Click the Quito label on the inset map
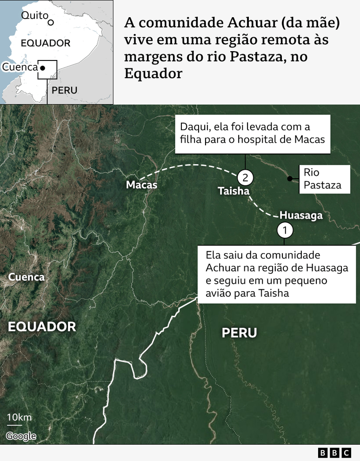34,15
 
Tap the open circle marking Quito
51,22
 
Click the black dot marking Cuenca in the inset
42,68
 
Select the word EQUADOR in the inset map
46,43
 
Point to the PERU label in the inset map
64,90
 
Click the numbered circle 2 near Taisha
245,177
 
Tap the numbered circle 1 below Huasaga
284,229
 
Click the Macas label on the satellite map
141,185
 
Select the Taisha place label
233,191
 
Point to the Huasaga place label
301,215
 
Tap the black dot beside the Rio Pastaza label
289,179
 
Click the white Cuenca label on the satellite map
26,277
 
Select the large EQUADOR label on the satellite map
42,326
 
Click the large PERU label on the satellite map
239,333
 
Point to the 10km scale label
19,417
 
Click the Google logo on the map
21,436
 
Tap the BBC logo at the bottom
334,452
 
